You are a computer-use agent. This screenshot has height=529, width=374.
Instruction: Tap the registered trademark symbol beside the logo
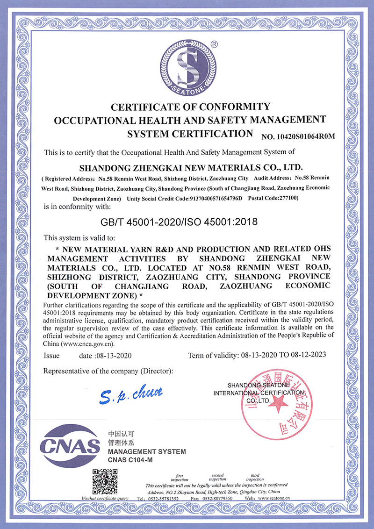(214, 43)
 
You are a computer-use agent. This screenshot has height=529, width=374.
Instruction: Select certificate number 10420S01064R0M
(299, 136)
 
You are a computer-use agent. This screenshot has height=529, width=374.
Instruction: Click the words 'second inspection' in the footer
(218, 477)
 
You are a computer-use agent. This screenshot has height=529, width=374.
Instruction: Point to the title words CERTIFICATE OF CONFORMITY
(190, 107)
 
